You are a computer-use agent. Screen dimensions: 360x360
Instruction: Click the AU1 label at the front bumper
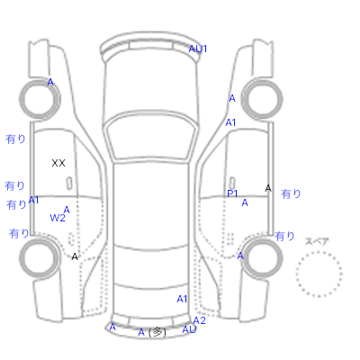point(198,49)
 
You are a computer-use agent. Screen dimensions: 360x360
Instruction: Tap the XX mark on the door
point(58,163)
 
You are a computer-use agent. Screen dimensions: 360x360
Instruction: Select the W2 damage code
point(58,218)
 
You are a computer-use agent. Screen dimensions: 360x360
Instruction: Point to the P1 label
point(232,193)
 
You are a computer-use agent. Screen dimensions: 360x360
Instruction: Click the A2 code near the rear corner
point(200,320)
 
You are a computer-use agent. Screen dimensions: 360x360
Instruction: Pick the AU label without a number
point(189,329)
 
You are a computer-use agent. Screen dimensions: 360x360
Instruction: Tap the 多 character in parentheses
point(157,332)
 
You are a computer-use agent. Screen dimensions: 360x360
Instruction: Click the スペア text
point(317,241)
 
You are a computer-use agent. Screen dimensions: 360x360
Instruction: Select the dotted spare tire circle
point(319,252)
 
